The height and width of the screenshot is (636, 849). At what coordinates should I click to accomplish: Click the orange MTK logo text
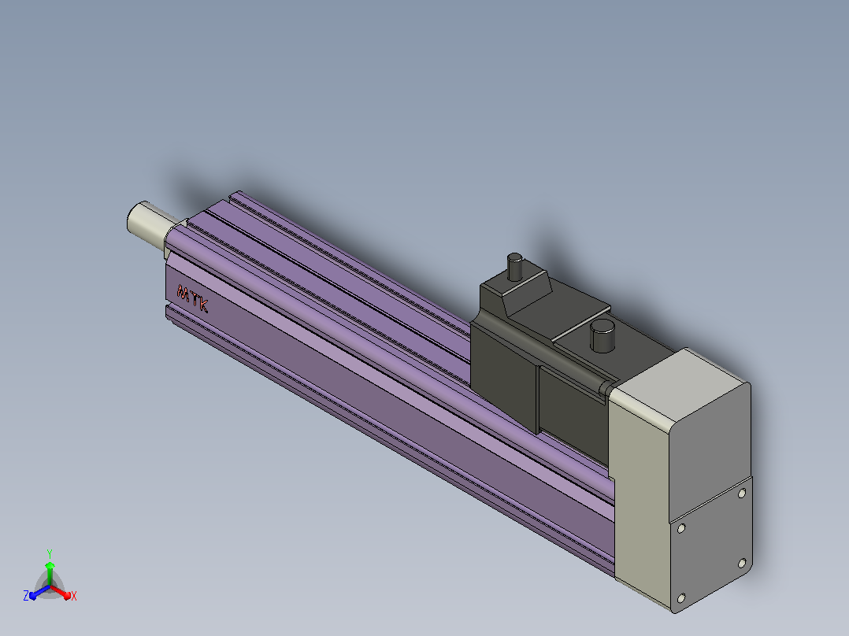(x=192, y=298)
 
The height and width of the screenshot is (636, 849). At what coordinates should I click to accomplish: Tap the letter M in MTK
(x=183, y=293)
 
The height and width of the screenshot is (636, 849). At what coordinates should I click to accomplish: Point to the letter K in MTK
(x=202, y=305)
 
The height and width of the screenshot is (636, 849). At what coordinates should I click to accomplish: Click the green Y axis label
(x=50, y=553)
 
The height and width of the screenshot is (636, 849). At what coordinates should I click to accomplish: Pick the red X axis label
(x=74, y=596)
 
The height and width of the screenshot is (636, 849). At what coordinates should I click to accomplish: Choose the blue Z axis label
(x=25, y=596)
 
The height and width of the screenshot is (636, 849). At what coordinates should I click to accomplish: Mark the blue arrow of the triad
(x=39, y=592)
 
